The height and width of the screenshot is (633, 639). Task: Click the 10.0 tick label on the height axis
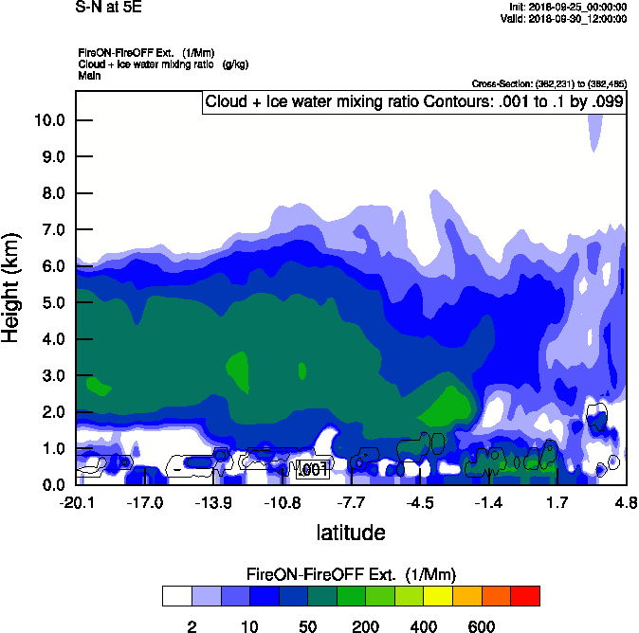[48, 120]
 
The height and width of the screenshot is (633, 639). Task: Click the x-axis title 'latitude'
[350, 533]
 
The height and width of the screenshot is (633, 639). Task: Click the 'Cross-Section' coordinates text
[549, 83]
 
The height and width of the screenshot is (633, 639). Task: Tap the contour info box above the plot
[413, 101]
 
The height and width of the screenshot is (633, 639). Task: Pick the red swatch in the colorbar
[525, 596]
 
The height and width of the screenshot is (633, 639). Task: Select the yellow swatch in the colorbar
[438, 596]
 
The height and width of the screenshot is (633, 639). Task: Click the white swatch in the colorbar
[176, 596]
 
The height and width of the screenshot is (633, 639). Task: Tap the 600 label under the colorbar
[482, 625]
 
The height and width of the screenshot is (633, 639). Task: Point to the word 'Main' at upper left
[89, 75]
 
